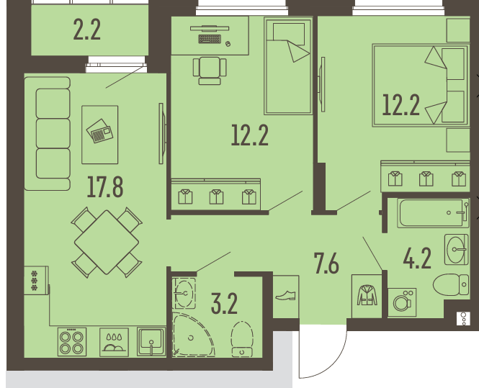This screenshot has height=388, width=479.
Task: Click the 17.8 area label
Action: pos(105,187)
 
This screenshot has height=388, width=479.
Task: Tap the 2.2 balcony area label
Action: pos(86,30)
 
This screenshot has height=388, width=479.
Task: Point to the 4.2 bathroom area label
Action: pos(417,258)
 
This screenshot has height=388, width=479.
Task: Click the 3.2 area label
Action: pos(225,304)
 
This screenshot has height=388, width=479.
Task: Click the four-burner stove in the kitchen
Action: pos(72,342)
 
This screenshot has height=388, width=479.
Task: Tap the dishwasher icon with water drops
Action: pos(114,342)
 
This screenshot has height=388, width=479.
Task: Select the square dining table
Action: pos(107,243)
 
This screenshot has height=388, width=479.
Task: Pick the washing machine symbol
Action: pos(402,302)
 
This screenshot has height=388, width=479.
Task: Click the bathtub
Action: pos(433,213)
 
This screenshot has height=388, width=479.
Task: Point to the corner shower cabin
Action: pos(193,335)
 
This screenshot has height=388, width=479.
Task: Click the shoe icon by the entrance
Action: pos(285,296)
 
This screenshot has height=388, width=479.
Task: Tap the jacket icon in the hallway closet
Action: pos(367,295)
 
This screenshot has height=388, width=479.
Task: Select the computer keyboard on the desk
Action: pos(210,39)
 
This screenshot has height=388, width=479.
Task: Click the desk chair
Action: pos(210,71)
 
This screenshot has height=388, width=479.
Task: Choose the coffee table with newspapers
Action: pos(100,135)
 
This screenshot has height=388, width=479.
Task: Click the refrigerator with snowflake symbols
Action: pos(36,281)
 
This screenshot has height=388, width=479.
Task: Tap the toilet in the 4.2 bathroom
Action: pos(451,284)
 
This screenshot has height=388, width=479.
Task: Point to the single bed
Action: pos(288,66)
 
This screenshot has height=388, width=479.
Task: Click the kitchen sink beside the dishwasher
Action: pos(151,342)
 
